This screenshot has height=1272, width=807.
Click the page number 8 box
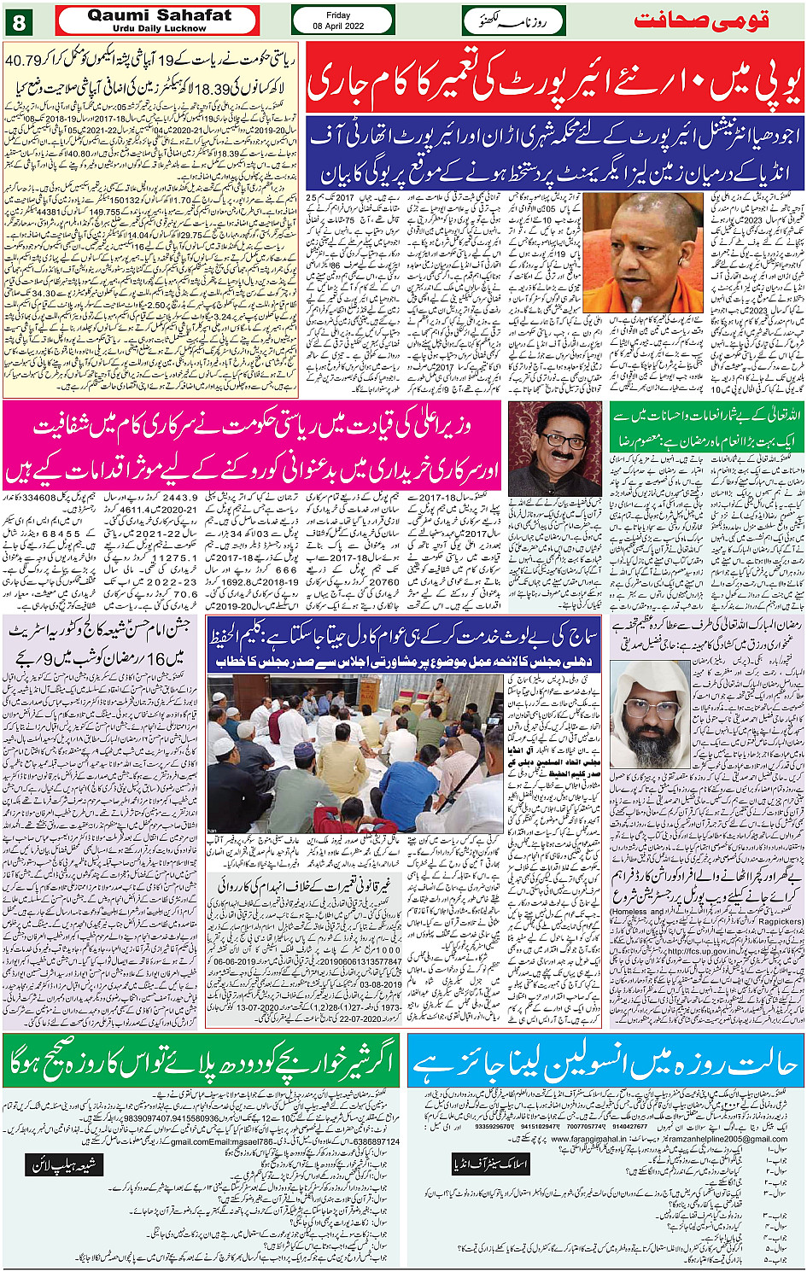pyautogui.click(x=19, y=20)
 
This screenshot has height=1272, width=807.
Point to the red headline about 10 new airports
pyautogui.click(x=555, y=77)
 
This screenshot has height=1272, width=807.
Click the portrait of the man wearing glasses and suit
pyautogui.click(x=554, y=448)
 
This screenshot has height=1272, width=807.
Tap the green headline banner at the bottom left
pyautogui.click(x=202, y=1062)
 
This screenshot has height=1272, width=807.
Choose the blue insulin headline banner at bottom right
pyautogui.click(x=605, y=1062)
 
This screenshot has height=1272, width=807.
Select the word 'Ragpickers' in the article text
pyautogui.click(x=781, y=921)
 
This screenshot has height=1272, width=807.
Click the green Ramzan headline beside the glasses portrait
pyautogui.click(x=707, y=426)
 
